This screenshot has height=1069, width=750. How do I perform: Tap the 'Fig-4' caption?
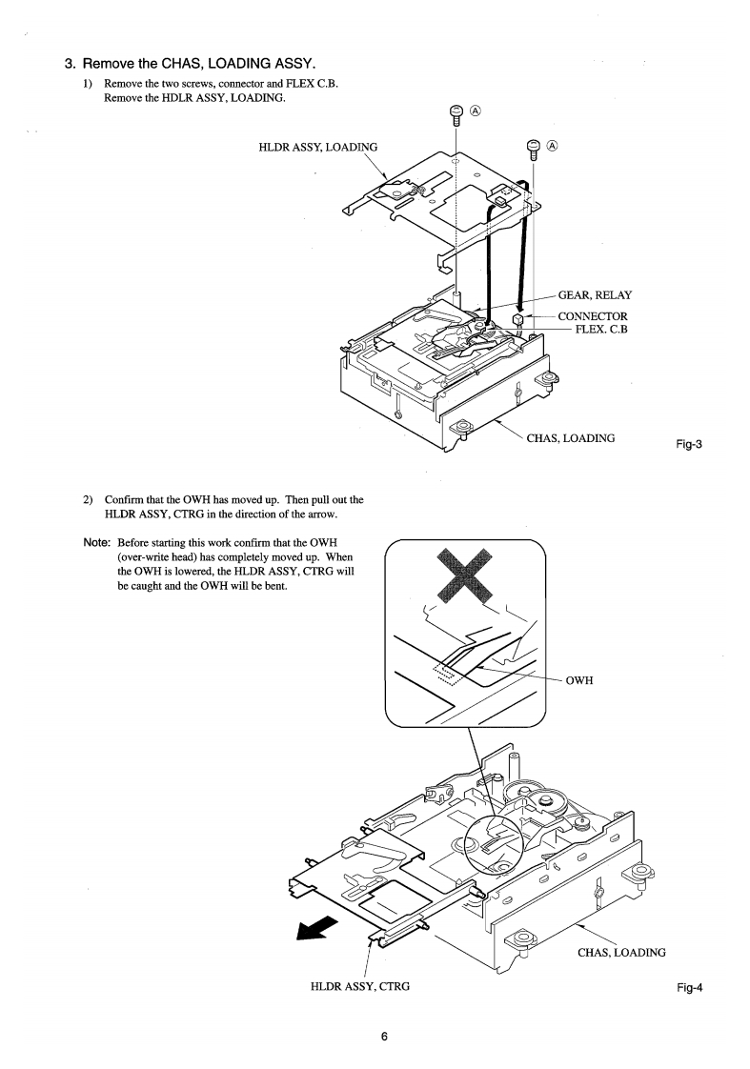point(689,987)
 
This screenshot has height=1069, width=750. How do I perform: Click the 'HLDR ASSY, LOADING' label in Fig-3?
point(318,147)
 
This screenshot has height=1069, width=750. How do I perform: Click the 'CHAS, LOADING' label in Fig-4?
point(621,952)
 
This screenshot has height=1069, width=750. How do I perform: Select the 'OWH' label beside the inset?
point(580,678)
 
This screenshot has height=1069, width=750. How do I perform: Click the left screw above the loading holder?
point(456,115)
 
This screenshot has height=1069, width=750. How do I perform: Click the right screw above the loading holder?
point(534,150)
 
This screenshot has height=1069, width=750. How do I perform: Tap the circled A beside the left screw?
point(476,111)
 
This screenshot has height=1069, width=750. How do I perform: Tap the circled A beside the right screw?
point(553,146)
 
